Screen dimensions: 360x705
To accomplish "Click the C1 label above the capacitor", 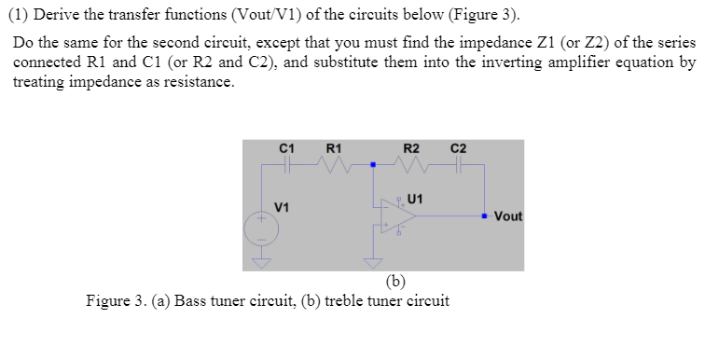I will tap(287, 147).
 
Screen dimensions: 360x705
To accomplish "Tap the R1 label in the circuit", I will tap(333, 147).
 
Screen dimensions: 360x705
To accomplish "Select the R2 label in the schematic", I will tap(410, 147).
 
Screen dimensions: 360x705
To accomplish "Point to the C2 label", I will tap(458, 147).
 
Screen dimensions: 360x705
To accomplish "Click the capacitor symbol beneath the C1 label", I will tap(287, 164).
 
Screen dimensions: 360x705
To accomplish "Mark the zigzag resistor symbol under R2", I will tap(411, 165).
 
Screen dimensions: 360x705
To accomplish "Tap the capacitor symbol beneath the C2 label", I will tap(459, 165).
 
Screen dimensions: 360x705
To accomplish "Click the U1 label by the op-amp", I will tap(416, 197).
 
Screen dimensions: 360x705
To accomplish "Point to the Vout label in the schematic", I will tap(508, 216).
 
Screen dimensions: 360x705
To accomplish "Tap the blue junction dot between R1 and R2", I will tap(373, 165).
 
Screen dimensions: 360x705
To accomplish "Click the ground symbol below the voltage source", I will tap(262, 263).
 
